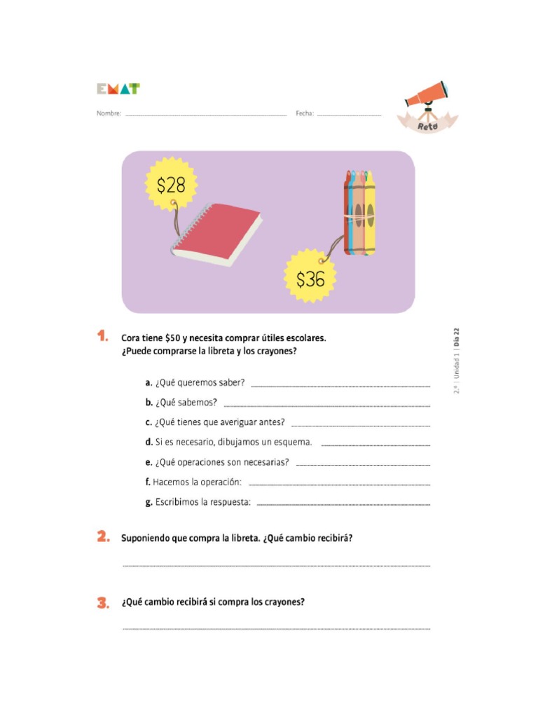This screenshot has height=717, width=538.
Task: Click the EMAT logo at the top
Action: point(118,89)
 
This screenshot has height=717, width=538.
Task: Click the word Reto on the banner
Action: point(427,125)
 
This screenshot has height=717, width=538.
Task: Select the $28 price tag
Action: point(171,185)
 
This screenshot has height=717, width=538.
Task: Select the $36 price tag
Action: point(310,279)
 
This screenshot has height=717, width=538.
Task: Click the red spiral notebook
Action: point(217,235)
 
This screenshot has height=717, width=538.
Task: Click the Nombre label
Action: point(109,113)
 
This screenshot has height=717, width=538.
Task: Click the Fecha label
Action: point(304,113)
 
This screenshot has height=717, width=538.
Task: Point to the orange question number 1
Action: point(102,337)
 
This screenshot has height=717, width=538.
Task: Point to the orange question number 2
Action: point(103,538)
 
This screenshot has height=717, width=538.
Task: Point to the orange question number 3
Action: point(103,601)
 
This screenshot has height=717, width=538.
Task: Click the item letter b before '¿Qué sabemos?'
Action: point(149,403)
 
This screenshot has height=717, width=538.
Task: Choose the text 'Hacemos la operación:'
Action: point(197,482)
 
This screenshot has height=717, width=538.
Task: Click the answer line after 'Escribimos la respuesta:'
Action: point(343,503)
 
